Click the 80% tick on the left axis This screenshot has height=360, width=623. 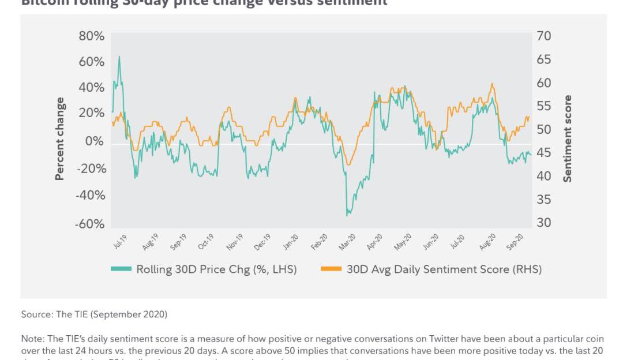[x=91, y=36]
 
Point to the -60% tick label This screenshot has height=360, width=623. [x=90, y=224]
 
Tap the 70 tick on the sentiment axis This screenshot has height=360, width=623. [x=544, y=36]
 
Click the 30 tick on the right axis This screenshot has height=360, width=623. [x=544, y=223]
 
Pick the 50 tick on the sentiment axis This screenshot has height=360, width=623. [x=544, y=130]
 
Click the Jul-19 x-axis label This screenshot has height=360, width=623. [x=120, y=242]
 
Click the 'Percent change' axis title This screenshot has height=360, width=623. [x=60, y=138]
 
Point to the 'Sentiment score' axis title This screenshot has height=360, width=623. [x=568, y=138]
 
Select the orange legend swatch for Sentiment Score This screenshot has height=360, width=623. [x=331, y=269]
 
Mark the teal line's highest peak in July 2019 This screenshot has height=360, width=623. [x=119, y=57]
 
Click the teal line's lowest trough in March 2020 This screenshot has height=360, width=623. [x=347, y=215]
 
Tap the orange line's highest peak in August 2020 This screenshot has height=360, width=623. [x=492, y=84]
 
